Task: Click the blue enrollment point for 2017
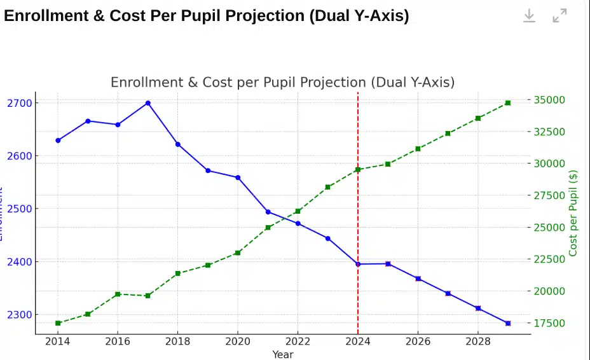[x=147, y=103]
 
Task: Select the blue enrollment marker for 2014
[x=58, y=141]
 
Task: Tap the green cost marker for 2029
[x=507, y=102]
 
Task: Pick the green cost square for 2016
[x=118, y=294]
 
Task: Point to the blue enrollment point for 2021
[x=268, y=212]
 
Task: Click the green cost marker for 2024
[x=358, y=170]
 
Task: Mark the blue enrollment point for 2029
[x=507, y=323]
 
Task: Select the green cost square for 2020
[x=238, y=253]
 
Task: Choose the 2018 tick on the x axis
[x=177, y=341]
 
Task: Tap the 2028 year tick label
[x=477, y=341]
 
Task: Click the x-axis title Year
[x=283, y=354]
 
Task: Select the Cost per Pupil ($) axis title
[x=573, y=213]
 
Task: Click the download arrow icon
[x=529, y=16]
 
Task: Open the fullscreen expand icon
[x=559, y=16]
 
